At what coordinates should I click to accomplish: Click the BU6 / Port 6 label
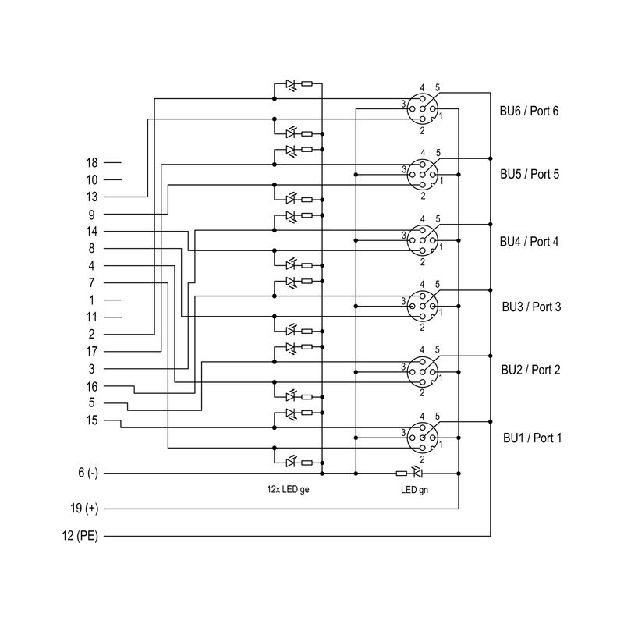click(529, 111)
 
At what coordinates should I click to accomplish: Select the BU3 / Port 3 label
click(530, 307)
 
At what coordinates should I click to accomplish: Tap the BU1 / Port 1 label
click(531, 438)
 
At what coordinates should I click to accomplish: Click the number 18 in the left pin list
click(91, 162)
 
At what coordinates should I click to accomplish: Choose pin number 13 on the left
click(91, 197)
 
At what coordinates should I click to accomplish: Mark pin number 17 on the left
click(91, 351)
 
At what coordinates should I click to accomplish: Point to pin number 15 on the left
click(91, 420)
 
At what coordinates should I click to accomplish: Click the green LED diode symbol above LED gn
click(417, 473)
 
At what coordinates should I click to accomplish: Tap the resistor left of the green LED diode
click(401, 473)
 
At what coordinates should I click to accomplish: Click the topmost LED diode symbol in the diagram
click(291, 83)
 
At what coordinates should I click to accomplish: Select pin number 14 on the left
click(91, 231)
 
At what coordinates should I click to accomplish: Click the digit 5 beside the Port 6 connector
click(438, 87)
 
